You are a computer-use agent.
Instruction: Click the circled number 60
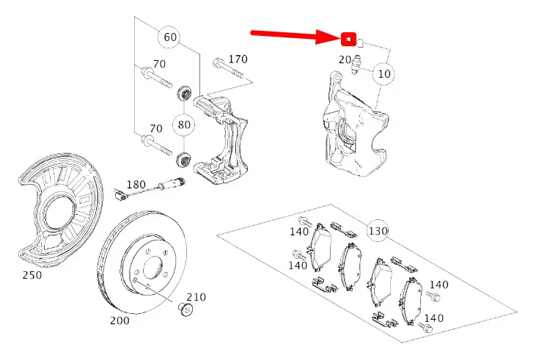(x=170, y=37)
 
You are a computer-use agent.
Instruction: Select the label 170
(x=238, y=59)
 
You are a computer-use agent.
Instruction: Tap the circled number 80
(x=184, y=125)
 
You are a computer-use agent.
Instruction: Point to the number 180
(x=137, y=184)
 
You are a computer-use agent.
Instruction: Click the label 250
(x=32, y=275)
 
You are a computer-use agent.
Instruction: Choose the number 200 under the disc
(x=120, y=320)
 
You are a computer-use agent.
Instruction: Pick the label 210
(x=196, y=297)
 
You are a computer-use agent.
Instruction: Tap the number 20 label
(x=344, y=60)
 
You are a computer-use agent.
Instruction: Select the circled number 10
(x=384, y=73)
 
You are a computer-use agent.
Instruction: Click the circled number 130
(x=378, y=231)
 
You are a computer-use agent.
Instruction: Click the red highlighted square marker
(x=349, y=38)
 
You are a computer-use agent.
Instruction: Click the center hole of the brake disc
(x=150, y=265)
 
